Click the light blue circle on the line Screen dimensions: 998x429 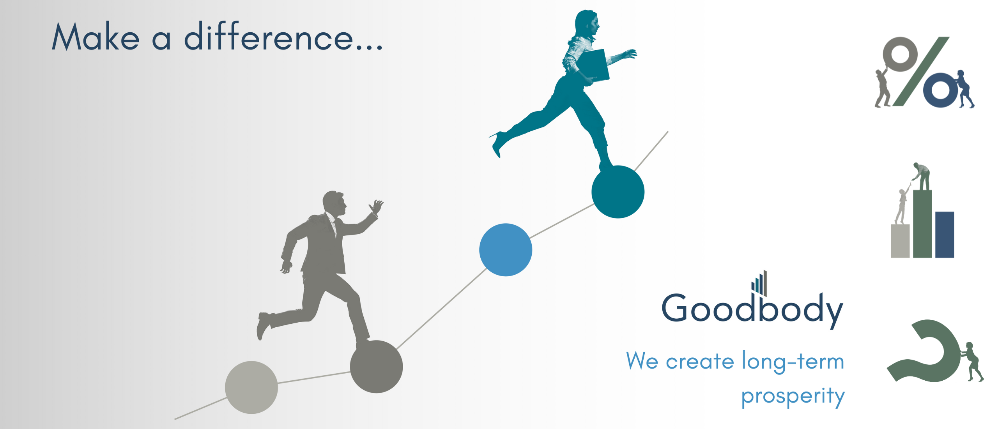click(505, 250)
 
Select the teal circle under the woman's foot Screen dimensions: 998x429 click(618, 192)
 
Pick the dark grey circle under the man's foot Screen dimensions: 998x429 click(376, 367)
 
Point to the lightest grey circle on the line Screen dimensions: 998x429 click(251, 387)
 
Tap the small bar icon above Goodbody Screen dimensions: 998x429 click(759, 282)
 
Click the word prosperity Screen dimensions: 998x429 click(793, 396)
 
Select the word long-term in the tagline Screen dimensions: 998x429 click(793, 362)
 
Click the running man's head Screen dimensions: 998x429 click(334, 203)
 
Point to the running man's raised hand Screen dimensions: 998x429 click(376, 207)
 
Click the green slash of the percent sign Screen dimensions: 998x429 click(921, 72)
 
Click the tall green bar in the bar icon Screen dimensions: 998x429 click(922, 224)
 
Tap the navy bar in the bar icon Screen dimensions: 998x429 click(945, 235)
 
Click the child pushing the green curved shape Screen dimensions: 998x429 click(971, 362)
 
